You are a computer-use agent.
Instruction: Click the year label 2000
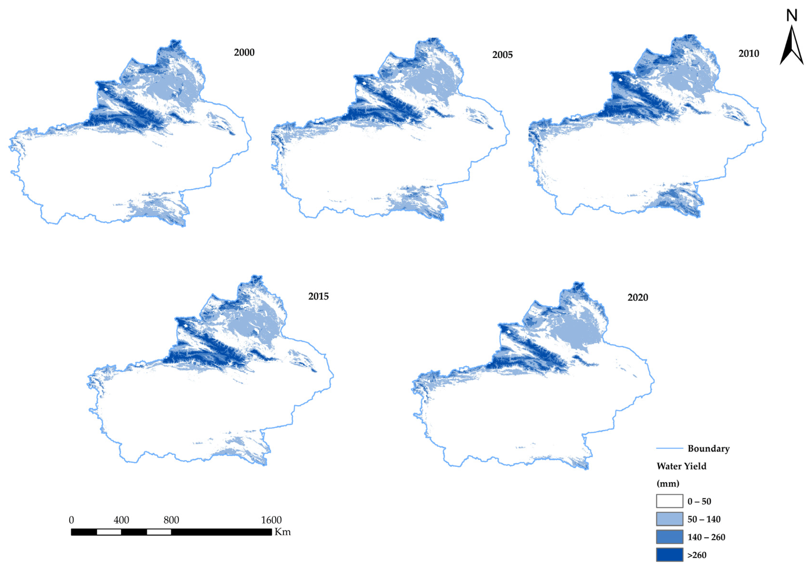click(x=244, y=52)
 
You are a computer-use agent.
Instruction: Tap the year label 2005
click(x=502, y=55)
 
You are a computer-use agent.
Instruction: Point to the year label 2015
click(x=318, y=296)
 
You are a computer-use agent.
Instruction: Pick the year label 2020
click(x=638, y=297)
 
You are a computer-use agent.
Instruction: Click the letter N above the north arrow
click(x=792, y=16)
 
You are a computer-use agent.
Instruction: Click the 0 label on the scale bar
click(x=71, y=520)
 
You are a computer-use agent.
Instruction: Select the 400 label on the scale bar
click(x=121, y=520)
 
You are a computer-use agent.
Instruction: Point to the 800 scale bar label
click(x=171, y=520)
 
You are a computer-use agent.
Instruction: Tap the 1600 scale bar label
click(x=271, y=520)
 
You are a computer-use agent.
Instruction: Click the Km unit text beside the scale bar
click(x=283, y=532)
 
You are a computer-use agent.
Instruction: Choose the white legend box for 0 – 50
click(x=669, y=501)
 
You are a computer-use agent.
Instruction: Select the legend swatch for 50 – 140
click(x=669, y=519)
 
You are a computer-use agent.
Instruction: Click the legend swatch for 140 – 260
click(x=669, y=537)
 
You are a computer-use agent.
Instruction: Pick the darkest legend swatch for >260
click(x=669, y=554)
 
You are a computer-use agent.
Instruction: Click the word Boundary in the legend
click(x=708, y=449)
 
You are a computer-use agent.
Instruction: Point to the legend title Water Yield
click(x=681, y=466)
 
